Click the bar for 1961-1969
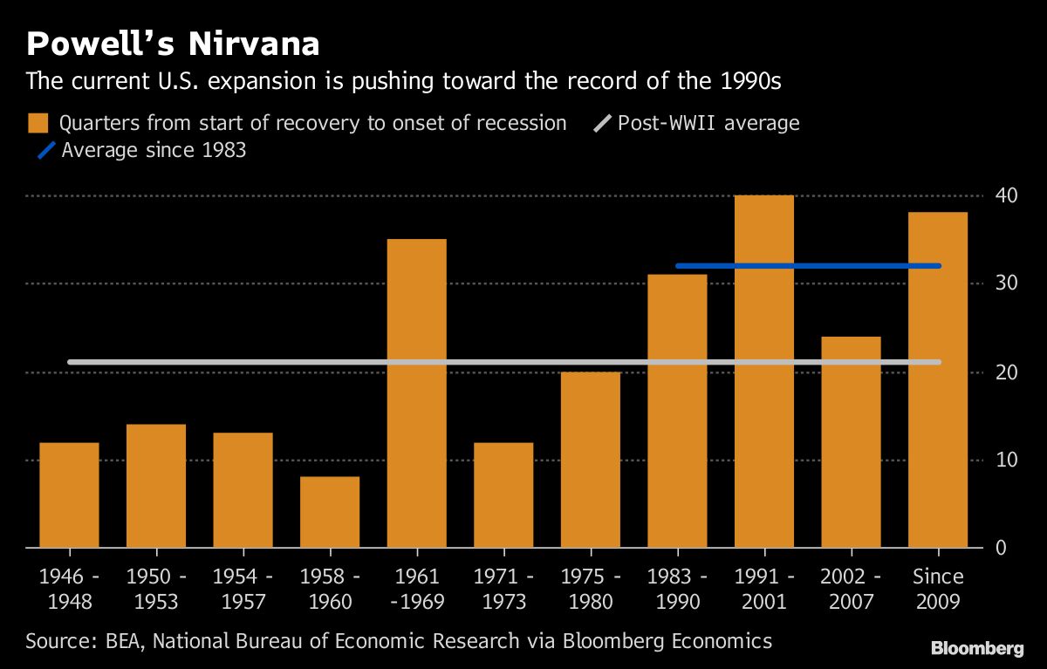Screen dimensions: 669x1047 (416, 393)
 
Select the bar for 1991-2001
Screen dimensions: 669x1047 (764, 371)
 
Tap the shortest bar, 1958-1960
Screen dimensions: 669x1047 (330, 512)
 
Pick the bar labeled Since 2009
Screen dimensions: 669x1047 (938, 379)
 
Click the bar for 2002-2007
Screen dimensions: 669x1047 (852, 441)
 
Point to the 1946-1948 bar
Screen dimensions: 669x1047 (69, 495)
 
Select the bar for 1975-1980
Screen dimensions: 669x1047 (591, 460)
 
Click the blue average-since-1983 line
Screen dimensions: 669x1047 (807, 266)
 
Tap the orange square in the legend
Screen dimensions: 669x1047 (38, 123)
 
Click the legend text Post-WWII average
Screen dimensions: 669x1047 (708, 123)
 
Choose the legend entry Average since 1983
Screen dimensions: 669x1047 (154, 150)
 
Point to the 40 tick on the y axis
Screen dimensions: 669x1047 (1005, 195)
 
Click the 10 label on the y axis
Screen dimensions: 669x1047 (1005, 460)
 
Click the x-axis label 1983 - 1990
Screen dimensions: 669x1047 (678, 589)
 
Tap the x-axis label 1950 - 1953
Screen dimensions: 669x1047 (156, 589)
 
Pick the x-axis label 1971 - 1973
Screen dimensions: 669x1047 (503, 589)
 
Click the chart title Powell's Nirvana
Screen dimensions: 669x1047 (173, 44)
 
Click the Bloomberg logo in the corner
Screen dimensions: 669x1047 (977, 648)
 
